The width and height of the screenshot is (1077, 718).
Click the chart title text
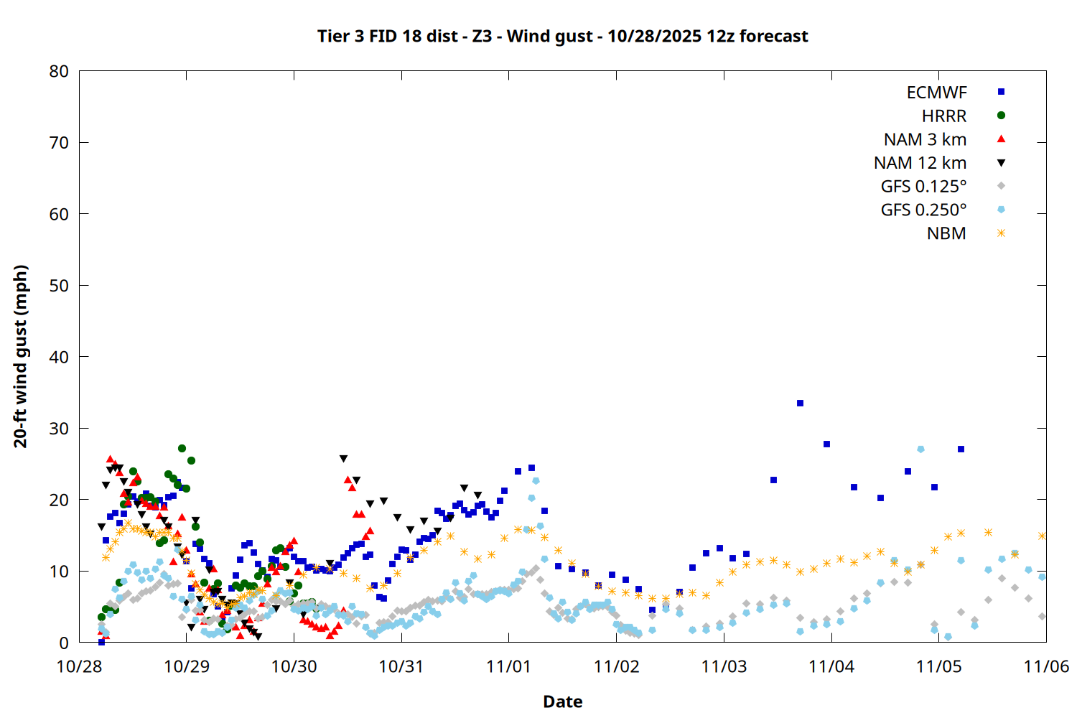pos(562,36)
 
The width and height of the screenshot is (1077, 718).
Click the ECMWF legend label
pos(936,93)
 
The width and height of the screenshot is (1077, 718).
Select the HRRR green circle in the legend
pos(1001,116)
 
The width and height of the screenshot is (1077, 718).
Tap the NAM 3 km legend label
pos(925,139)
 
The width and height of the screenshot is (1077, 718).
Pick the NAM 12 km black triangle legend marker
pos(1001,163)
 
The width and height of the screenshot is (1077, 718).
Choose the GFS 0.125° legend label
pos(923,187)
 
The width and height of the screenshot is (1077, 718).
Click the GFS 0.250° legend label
pos(923,210)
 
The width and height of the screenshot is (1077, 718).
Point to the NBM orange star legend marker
pos(1001,233)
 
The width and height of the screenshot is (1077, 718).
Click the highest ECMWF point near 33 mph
pos(800,404)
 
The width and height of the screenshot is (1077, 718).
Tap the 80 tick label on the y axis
pos(60,71)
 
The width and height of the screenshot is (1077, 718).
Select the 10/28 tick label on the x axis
pos(79,666)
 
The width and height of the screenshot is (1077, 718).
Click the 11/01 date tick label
pos(508,666)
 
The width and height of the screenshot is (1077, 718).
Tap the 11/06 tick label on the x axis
pos(1045,666)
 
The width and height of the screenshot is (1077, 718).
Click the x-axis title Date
pos(562,701)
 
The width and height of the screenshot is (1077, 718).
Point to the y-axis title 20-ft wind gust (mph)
pos(21,356)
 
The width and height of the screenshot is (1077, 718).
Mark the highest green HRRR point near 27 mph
pos(182,449)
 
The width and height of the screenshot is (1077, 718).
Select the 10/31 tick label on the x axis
pos(401,666)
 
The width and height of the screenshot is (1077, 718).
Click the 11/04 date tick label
pos(831,666)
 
